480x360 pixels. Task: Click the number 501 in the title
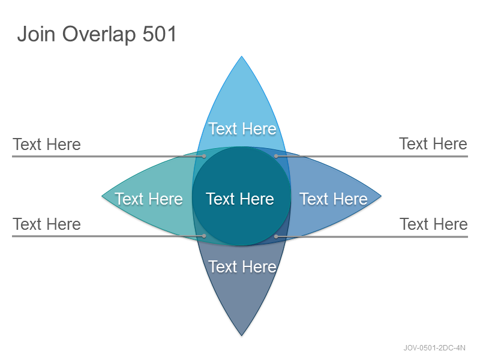tap(160, 34)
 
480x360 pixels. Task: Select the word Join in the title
tap(36, 34)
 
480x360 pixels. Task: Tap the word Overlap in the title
tap(99, 35)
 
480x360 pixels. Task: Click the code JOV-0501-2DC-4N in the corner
tap(434, 348)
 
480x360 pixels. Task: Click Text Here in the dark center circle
tap(240, 199)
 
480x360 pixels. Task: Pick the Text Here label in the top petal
tap(242, 128)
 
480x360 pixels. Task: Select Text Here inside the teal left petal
tap(149, 199)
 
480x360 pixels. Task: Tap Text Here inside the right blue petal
tap(334, 199)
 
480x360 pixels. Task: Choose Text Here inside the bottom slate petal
tap(242, 266)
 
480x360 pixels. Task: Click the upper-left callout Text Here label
tap(47, 144)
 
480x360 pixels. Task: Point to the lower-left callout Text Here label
tap(47, 224)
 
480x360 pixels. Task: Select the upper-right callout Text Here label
tap(433, 143)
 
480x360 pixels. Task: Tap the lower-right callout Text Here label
tap(434, 224)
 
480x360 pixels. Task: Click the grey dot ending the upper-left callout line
tap(204, 156)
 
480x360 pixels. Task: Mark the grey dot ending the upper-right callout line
tap(276, 156)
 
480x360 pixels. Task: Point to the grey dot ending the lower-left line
tap(204, 236)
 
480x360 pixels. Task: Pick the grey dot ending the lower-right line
tap(276, 236)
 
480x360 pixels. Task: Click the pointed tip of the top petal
tap(242, 56)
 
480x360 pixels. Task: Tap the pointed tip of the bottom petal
tap(242, 335)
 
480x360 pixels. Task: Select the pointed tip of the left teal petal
tap(102, 196)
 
